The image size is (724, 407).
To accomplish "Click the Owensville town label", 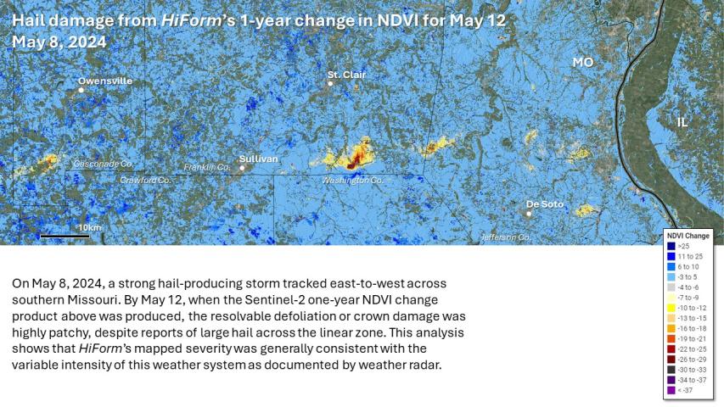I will click(105, 81).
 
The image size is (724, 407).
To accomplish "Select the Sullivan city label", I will click(258, 159).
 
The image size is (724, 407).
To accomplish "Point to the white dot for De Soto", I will click(529, 214).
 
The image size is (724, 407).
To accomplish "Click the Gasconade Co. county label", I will click(104, 163).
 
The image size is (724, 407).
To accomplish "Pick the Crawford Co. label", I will click(145, 180).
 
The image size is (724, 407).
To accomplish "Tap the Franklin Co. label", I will click(207, 167).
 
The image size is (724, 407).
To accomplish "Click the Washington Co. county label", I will click(352, 180).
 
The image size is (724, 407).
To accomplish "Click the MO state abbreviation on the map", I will click(582, 63).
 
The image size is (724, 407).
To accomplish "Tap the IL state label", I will click(682, 122).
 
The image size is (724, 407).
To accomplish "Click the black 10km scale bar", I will click(59, 235).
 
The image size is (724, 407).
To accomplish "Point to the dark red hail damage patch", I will click(351, 164).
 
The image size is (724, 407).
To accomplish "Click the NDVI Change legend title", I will click(688, 235).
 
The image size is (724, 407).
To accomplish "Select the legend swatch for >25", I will click(671, 246).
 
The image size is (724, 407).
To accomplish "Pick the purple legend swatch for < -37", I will click(671, 390).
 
